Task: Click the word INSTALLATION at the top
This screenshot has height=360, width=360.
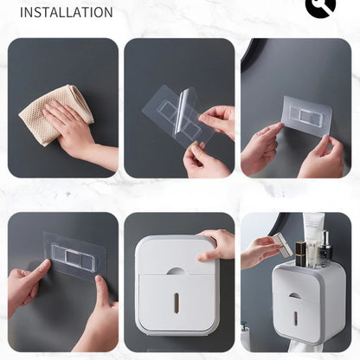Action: pos(66,12)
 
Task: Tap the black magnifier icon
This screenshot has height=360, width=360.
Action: pos(320,7)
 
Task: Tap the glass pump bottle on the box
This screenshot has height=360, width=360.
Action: pos(325,249)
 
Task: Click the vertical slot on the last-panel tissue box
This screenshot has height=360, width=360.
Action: pos(296,319)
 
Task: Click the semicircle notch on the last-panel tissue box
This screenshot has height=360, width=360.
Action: pos(297,295)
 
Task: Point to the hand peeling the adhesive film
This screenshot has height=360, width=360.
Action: pos(216,121)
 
